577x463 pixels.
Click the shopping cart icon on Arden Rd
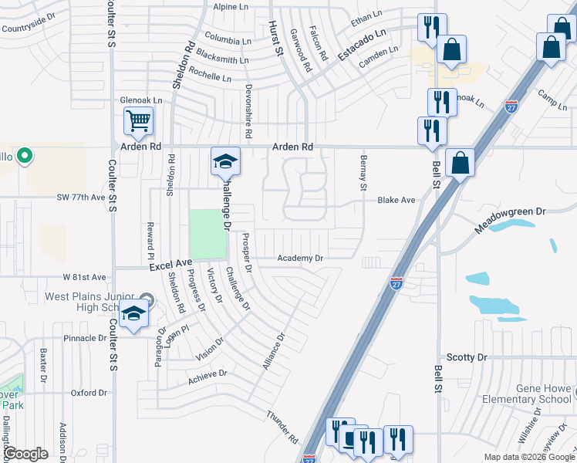139,121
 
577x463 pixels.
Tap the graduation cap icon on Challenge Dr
225,161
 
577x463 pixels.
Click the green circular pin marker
25,157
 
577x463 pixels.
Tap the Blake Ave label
396,200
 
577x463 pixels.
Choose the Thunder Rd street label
282,426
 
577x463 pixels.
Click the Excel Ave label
170,264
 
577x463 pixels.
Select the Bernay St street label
362,172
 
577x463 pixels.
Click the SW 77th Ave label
80,198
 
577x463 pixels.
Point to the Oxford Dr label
89,393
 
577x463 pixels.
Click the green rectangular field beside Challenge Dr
208,234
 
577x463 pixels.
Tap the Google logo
26,454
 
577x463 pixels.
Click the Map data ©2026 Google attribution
528,457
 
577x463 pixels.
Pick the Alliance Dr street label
273,350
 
